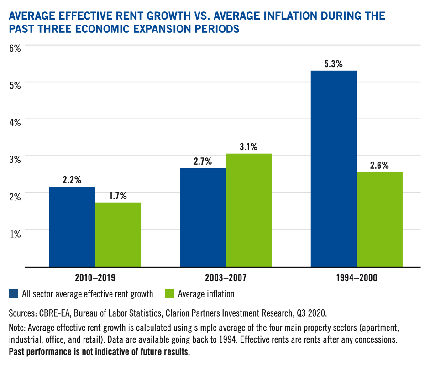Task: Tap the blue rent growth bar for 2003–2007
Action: pos(203,217)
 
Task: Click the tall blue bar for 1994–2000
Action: pos(334,168)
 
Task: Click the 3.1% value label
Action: pos(248,147)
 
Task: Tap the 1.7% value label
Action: pos(118,196)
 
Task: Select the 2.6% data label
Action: pos(379,166)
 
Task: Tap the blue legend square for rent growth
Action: pos(13,294)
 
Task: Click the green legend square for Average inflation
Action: pos(168,294)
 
